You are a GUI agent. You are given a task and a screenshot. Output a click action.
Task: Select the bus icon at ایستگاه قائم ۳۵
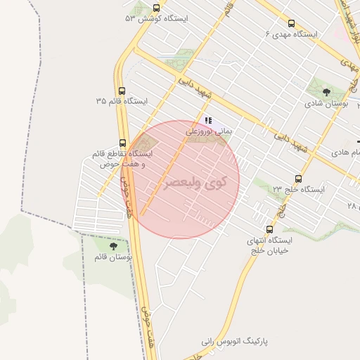pyautogui.click(x=123, y=91)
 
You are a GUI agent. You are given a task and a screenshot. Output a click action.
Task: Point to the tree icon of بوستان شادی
pyautogui.click(x=326, y=91)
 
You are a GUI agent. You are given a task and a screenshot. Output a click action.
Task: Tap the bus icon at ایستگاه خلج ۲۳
pyautogui.click(x=298, y=179)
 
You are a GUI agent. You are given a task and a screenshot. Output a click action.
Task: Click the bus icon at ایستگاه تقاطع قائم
pyautogui.click(x=123, y=143)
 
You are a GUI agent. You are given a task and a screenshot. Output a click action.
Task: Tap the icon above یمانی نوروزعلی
pyautogui.click(x=208, y=120)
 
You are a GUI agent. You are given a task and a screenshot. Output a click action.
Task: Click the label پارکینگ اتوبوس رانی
pyautogui.click(x=244, y=341)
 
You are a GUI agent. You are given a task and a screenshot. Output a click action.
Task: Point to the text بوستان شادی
pyautogui.click(x=328, y=103)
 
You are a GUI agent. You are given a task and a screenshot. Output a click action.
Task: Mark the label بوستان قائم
pyautogui.click(x=114, y=257)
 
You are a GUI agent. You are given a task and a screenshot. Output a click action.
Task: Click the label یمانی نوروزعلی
pyautogui.click(x=209, y=131)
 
